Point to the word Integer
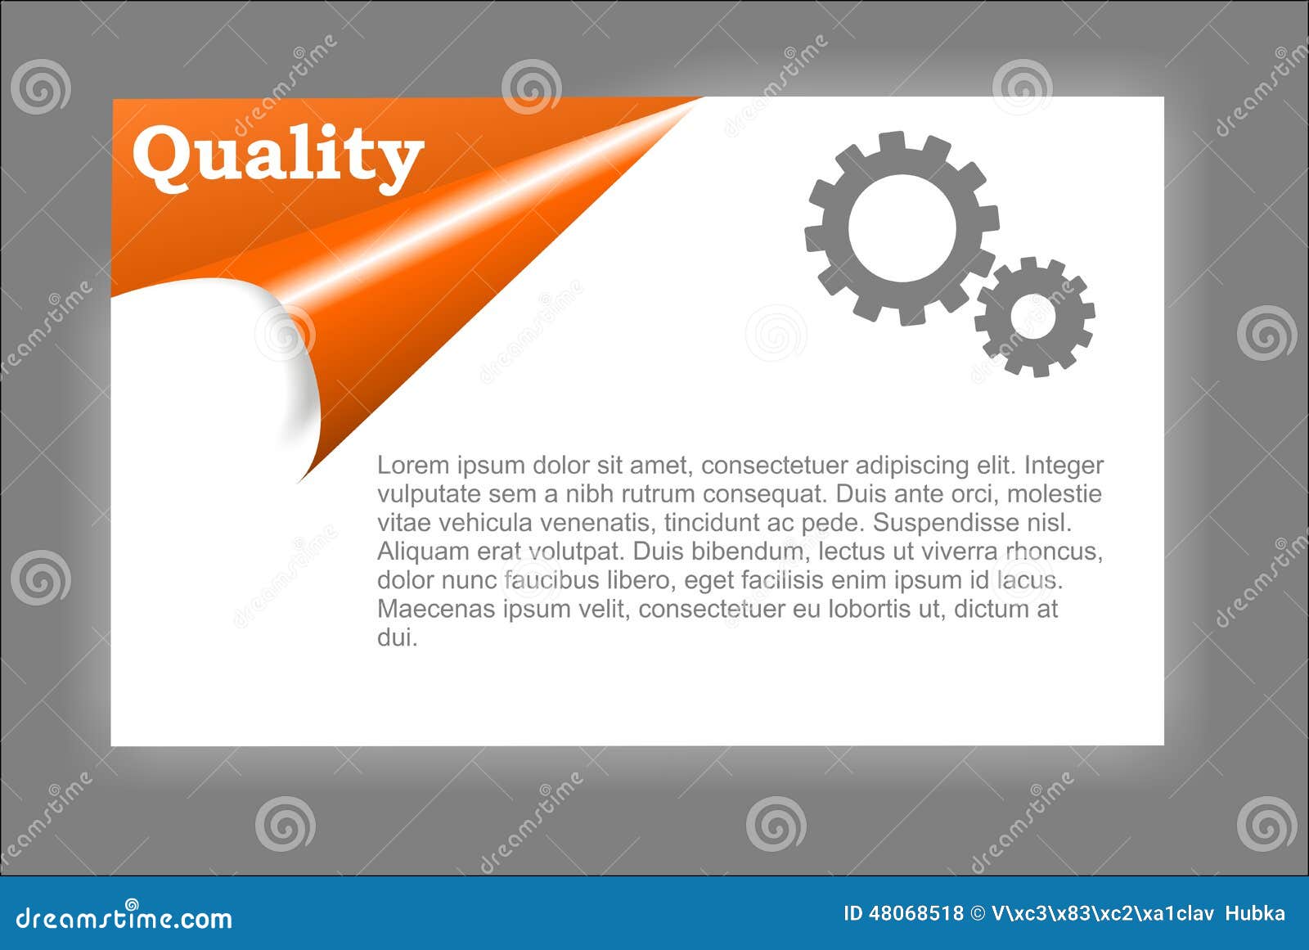(1064, 466)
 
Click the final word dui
(397, 637)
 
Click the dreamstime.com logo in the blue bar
(124, 918)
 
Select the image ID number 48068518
(915, 913)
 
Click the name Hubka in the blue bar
(1255, 913)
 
